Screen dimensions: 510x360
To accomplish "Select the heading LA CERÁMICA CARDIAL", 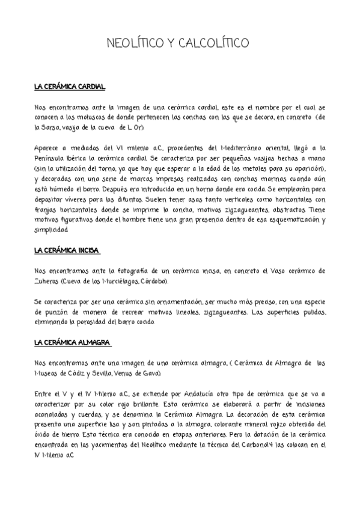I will [70, 88].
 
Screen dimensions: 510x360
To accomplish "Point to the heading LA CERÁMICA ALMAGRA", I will [72, 342].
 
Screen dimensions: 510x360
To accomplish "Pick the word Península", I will [53, 158].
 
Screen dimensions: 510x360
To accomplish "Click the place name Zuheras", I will [52, 281].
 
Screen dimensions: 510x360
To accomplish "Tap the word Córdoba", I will [155, 281].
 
